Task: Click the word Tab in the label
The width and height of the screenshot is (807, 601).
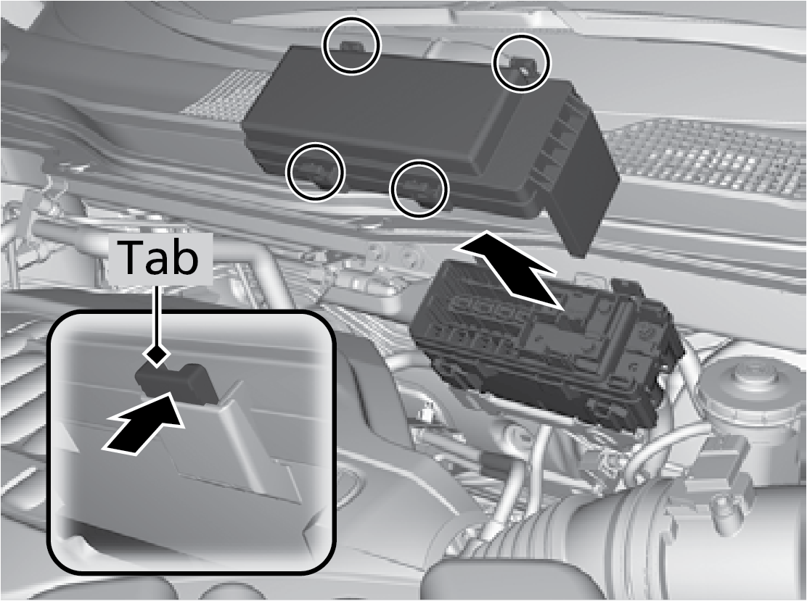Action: (160, 257)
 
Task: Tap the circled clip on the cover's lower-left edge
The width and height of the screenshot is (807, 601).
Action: (315, 172)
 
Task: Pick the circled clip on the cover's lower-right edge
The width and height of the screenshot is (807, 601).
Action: (419, 189)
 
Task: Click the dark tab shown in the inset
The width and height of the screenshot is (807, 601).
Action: (176, 382)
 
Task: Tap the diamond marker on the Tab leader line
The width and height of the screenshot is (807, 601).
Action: (157, 355)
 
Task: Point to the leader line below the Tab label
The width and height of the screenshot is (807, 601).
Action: (157, 314)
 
